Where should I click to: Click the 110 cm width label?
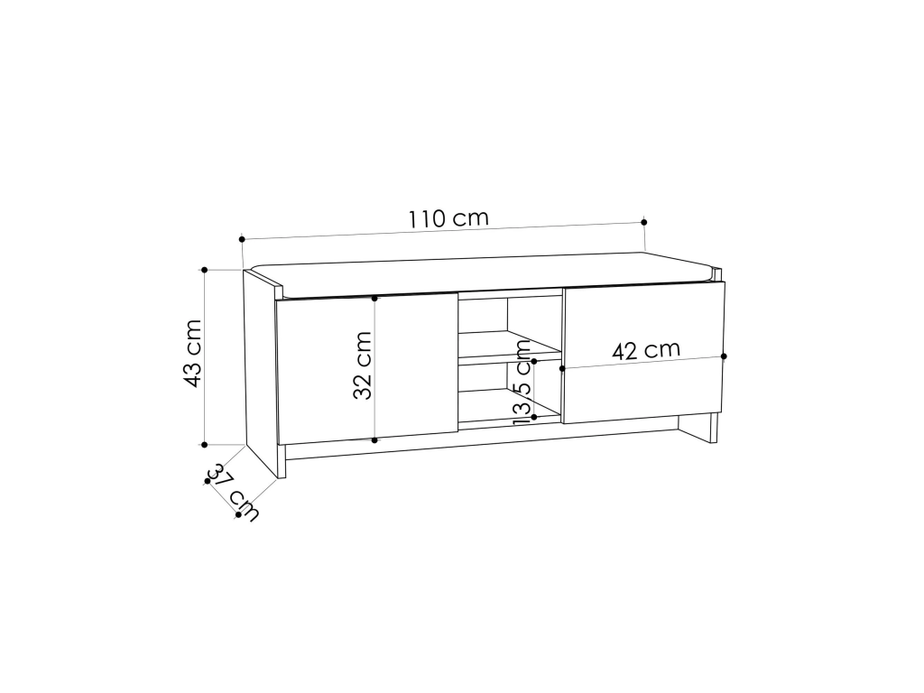(x=449, y=218)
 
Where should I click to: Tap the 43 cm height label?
(x=193, y=354)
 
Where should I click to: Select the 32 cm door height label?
(x=363, y=366)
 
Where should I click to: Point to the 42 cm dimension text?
(x=646, y=350)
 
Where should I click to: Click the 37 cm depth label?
(x=234, y=493)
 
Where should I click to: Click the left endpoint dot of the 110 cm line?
(x=242, y=239)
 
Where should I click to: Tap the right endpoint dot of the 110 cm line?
(x=644, y=222)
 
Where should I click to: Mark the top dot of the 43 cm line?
(x=205, y=270)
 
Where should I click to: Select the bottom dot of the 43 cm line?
(x=205, y=445)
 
